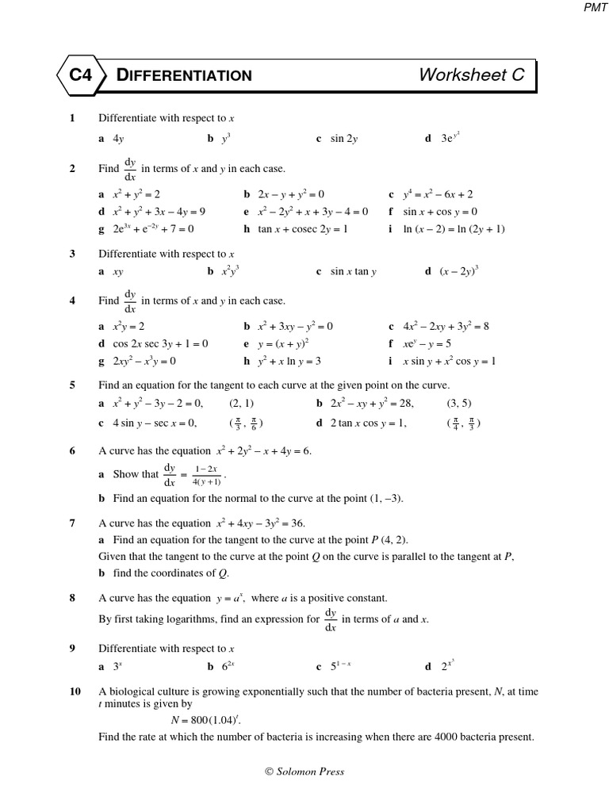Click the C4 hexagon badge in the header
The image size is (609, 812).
81,75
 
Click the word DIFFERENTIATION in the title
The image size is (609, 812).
184,75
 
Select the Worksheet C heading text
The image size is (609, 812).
471,75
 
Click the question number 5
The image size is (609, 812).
72,385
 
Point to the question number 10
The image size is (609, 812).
75,691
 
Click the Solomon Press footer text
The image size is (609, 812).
304,771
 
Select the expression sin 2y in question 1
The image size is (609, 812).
344,138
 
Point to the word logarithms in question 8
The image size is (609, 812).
208,619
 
